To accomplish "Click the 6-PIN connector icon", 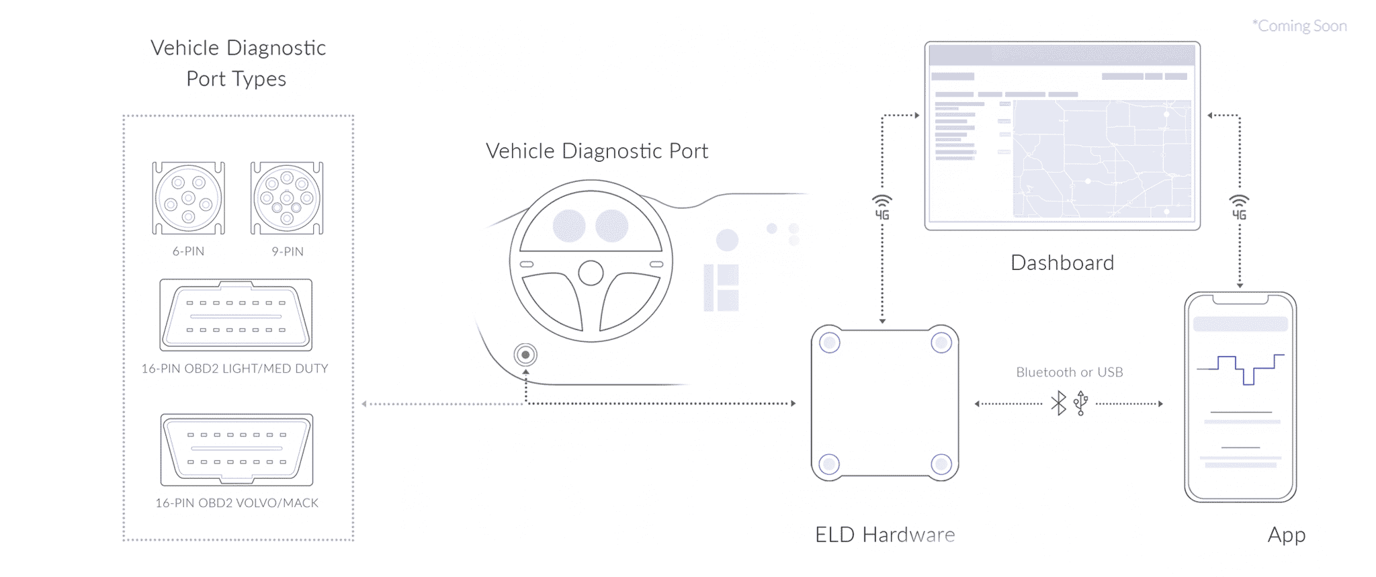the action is click(x=188, y=198).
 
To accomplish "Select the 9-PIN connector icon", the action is click(x=287, y=198).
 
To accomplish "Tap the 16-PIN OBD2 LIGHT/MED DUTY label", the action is click(x=234, y=369).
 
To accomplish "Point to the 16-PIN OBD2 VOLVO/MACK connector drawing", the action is click(x=236, y=449).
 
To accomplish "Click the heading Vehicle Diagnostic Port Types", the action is click(x=238, y=63).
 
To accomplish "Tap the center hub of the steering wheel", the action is click(x=591, y=273).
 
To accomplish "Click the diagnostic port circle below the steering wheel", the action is click(x=525, y=355).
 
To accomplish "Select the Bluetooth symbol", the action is click(x=1059, y=403).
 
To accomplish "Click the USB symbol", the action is click(x=1081, y=403).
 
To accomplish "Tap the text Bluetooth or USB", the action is click(x=1069, y=372).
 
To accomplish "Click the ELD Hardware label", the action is click(x=885, y=535).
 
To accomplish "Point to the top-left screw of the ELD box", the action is click(x=830, y=343).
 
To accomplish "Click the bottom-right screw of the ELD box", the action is click(x=941, y=463).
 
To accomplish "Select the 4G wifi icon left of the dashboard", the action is click(x=882, y=208).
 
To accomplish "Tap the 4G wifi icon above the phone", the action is click(x=1239, y=208).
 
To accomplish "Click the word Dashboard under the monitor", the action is click(x=1062, y=263).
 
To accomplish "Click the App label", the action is click(x=1287, y=535).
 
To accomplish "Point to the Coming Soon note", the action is click(x=1299, y=26).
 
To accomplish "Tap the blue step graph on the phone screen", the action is click(x=1240, y=369).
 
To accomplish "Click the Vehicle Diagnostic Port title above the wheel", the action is click(x=597, y=151).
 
